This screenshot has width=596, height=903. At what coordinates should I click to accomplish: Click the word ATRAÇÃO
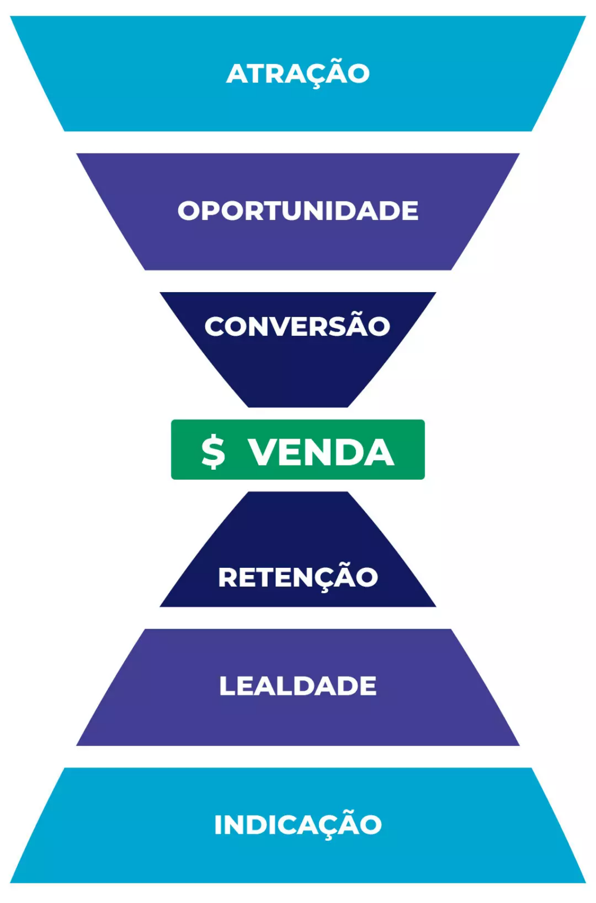[298, 74]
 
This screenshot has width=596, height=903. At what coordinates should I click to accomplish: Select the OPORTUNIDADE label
[298, 211]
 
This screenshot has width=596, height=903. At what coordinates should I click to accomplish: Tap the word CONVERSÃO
[297, 327]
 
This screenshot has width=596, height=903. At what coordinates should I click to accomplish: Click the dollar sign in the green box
[213, 451]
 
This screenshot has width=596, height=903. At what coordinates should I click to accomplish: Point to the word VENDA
[321, 452]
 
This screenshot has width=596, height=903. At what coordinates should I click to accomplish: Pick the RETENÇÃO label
[298, 577]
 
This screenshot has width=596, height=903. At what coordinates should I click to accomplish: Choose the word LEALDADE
[298, 686]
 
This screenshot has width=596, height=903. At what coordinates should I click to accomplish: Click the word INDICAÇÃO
[298, 825]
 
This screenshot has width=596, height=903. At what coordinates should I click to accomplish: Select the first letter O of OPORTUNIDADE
[188, 211]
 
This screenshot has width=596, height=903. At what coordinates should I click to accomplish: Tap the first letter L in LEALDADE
[227, 686]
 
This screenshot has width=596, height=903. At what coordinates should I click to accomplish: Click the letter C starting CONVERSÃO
[215, 327]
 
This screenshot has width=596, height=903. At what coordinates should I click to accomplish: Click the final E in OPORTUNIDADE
[410, 211]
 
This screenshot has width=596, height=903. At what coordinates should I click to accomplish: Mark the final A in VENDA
[377, 452]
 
